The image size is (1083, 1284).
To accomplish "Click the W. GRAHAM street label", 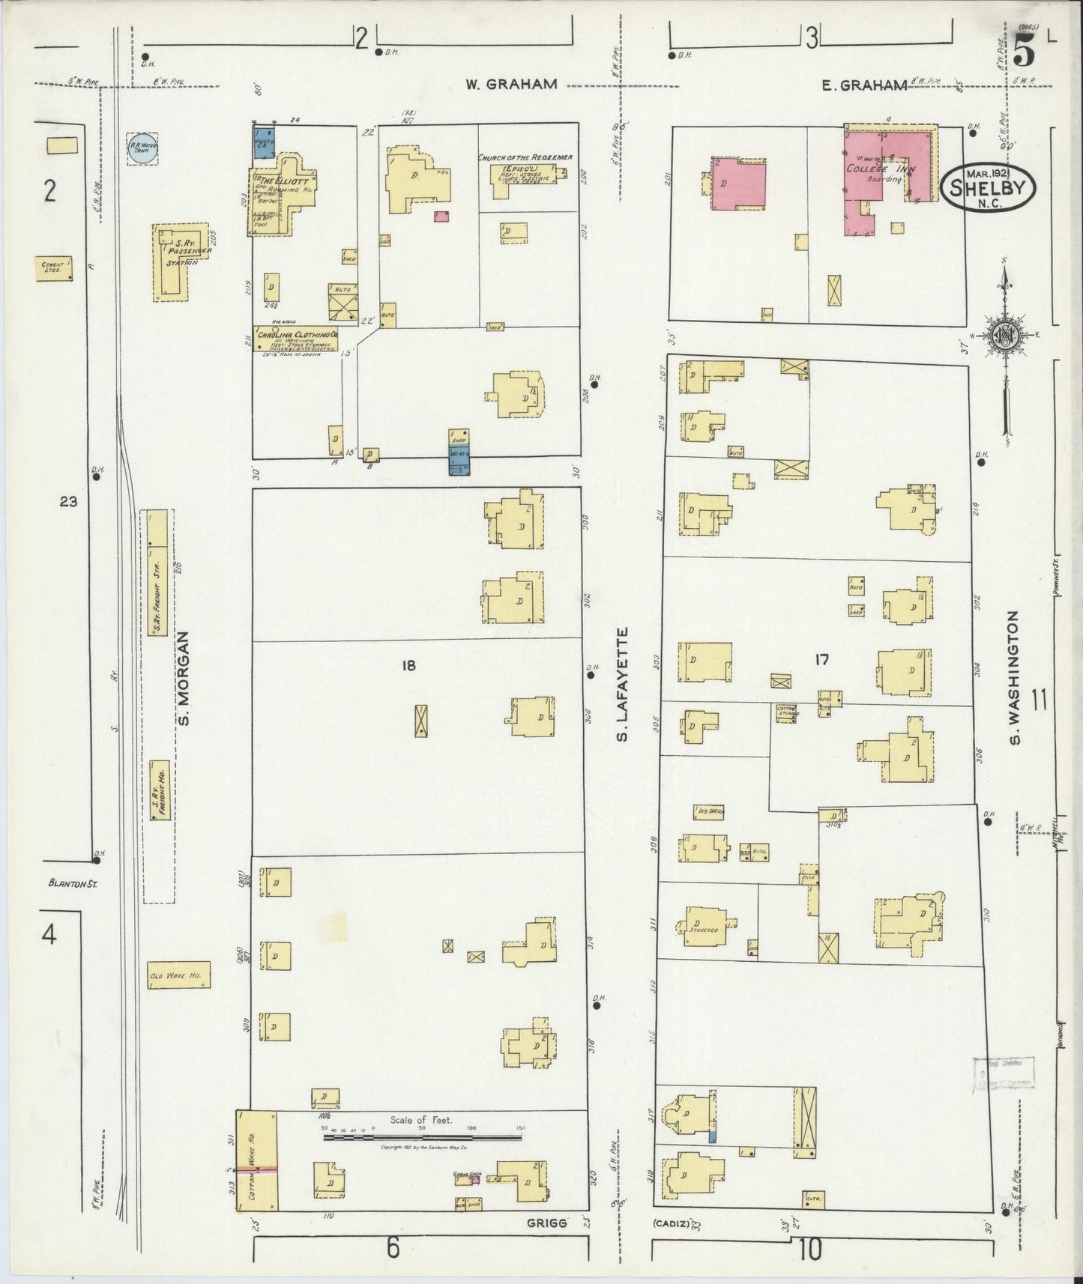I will point(510,84).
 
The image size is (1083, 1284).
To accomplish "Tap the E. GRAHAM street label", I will point(863,85).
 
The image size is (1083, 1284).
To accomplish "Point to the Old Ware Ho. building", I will point(178,975).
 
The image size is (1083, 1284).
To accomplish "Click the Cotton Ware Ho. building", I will point(257,1160).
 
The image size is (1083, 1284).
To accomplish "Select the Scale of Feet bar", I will point(422,1137).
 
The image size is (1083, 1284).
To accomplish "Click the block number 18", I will point(408,664).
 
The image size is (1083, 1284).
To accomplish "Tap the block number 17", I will point(821,660).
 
